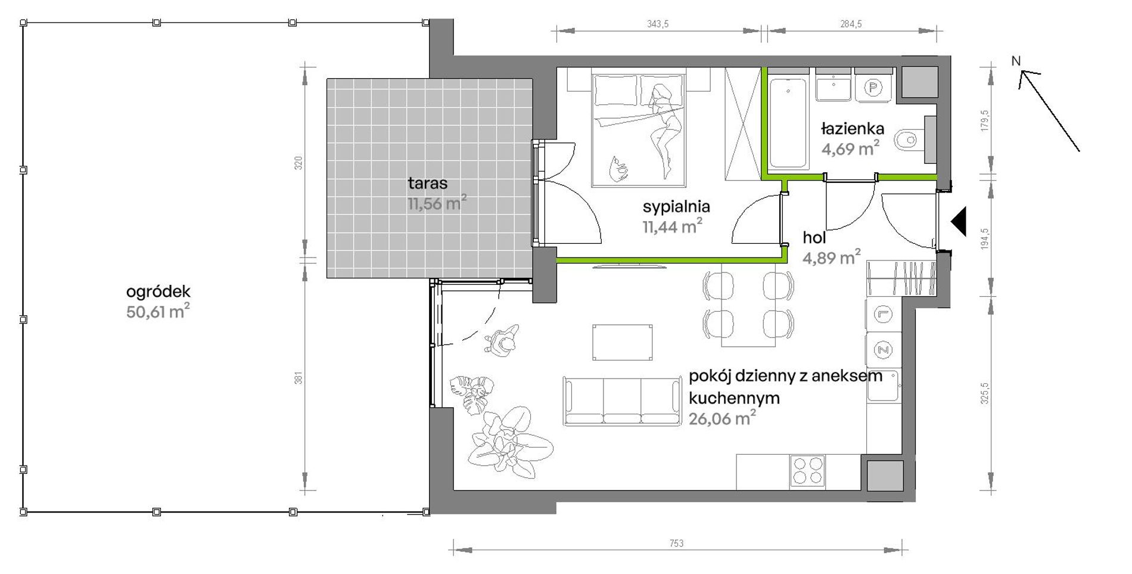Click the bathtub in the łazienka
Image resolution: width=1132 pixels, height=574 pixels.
(788, 123)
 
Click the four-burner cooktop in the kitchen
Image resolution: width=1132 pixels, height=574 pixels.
(808, 471)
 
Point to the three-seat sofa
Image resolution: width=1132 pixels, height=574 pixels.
(622, 401)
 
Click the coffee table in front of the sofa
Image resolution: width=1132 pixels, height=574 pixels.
(622, 342)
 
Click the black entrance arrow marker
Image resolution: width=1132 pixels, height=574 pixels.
(958, 222)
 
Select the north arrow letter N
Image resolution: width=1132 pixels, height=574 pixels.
(1016, 61)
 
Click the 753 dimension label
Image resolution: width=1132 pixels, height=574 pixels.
(676, 543)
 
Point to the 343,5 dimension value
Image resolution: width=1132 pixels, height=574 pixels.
(658, 24)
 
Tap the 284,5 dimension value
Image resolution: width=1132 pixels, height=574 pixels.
(851, 24)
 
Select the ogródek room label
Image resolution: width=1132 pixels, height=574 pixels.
(158, 291)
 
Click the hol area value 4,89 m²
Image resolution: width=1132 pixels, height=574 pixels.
(831, 257)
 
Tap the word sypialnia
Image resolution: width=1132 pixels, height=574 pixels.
(676, 207)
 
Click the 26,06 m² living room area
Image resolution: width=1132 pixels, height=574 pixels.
(722, 418)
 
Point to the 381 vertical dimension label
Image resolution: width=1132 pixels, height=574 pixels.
(298, 377)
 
